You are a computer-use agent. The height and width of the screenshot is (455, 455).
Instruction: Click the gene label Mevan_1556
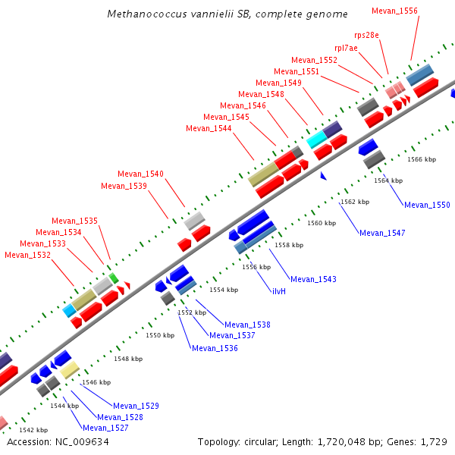point(394,11)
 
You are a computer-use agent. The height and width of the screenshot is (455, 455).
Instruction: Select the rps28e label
point(370,35)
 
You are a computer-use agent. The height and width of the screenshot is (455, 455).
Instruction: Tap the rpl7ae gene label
point(346,48)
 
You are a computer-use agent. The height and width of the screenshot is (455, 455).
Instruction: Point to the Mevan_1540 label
point(140,174)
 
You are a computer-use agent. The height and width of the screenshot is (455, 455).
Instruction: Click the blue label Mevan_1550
point(427,206)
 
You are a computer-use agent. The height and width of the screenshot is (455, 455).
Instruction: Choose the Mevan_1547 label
point(382,233)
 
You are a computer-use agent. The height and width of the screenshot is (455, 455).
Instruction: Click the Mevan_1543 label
point(313,280)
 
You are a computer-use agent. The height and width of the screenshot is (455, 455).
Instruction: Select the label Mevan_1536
point(215,349)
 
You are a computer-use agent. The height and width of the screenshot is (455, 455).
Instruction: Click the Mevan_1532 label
point(27,256)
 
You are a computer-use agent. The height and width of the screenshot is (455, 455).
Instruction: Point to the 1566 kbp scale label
point(422,160)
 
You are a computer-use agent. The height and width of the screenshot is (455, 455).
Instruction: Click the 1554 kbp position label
point(224,290)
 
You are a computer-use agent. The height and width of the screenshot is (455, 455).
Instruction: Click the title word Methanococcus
point(142,14)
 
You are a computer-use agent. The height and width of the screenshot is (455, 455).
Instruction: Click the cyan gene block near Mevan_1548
point(315,141)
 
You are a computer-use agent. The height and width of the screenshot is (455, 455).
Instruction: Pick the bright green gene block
point(114,278)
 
